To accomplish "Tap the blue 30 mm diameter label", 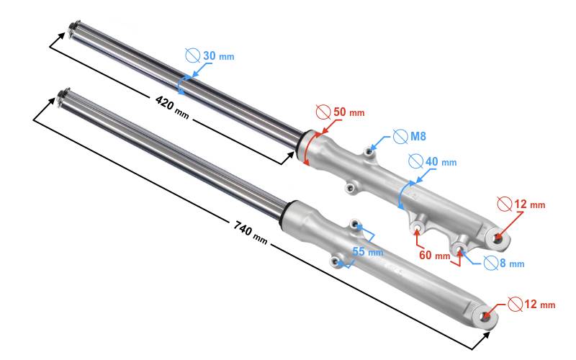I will click(x=217, y=56).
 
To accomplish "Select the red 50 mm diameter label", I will click(x=348, y=112).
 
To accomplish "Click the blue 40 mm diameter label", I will click(x=440, y=161).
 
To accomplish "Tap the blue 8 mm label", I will click(x=511, y=263).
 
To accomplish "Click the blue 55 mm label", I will click(x=367, y=251).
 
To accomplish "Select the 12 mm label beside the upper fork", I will click(x=530, y=204).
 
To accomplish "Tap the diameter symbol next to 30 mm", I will click(x=192, y=55).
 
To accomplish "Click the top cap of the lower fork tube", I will click(x=61, y=94).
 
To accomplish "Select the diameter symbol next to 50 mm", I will click(x=323, y=112).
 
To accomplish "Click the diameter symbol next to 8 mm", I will click(x=492, y=263).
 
